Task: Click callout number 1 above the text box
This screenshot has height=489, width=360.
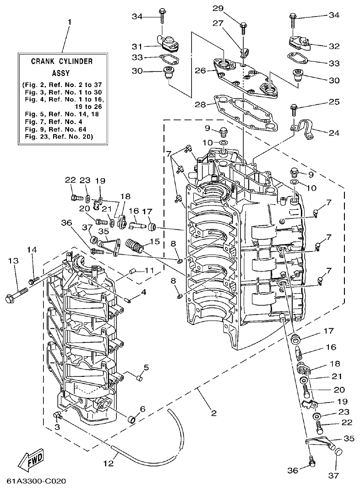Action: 70,22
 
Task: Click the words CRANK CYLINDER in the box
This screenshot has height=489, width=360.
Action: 62,60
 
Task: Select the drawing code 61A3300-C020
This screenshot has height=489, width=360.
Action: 37,481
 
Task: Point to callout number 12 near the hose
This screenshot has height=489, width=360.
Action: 108,463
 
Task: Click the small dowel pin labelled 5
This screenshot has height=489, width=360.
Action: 139,378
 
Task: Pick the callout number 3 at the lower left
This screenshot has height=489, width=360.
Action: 57,427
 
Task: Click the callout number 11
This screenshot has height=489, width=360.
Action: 149,270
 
